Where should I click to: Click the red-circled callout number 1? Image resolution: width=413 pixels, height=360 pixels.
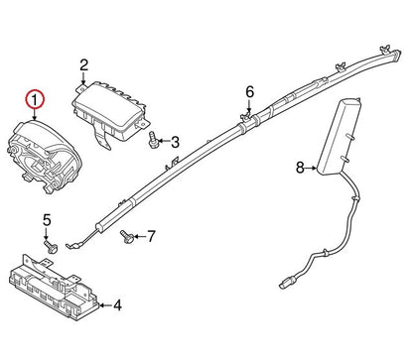tap(35, 99)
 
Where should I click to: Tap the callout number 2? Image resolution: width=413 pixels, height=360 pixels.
tap(84, 65)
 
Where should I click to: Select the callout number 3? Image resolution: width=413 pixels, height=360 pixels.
tap(175, 142)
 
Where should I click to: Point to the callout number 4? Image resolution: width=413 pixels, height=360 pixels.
tap(117, 305)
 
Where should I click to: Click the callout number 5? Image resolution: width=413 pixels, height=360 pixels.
tap(48, 220)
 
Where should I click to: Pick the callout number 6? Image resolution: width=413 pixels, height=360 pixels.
tap(250, 91)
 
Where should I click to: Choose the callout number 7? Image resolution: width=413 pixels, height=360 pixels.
tap(151, 236)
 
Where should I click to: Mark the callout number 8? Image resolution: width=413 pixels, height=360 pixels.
tap(300, 168)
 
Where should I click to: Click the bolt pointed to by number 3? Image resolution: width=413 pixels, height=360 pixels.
tap(153, 140)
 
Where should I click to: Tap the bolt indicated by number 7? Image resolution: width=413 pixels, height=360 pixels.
tap(127, 237)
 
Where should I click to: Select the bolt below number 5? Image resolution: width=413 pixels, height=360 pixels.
tap(51, 247)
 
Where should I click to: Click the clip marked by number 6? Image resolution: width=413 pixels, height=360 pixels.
tap(245, 117)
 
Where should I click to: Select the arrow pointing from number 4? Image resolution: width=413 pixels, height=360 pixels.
tap(106, 305)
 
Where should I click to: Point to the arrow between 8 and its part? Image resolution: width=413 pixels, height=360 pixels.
tap(311, 168)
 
